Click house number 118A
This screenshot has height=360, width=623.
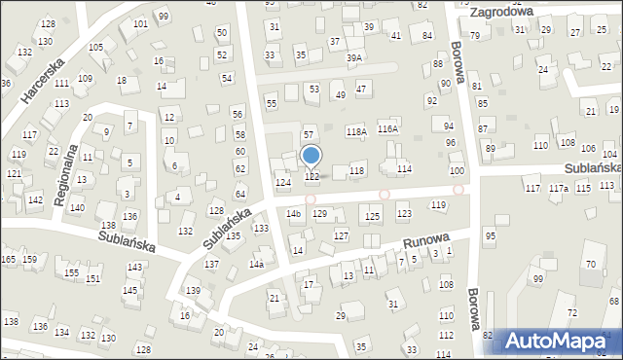click(x=356, y=131)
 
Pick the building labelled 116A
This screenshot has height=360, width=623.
click(x=387, y=128)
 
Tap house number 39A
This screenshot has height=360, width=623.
click(x=354, y=58)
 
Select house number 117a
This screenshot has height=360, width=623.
click(x=558, y=188)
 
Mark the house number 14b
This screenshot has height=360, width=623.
click(x=293, y=213)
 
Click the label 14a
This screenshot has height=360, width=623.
click(x=256, y=265)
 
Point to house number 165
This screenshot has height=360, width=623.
click(x=8, y=259)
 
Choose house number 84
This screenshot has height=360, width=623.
click(x=426, y=36)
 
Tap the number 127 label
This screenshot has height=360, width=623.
click(x=341, y=236)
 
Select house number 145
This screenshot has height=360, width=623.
click(x=129, y=290)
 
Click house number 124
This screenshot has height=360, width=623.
click(x=282, y=183)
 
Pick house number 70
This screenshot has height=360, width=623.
click(x=590, y=264)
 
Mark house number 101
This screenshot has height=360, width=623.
click(x=140, y=23)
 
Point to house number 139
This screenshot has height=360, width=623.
click(x=194, y=291)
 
